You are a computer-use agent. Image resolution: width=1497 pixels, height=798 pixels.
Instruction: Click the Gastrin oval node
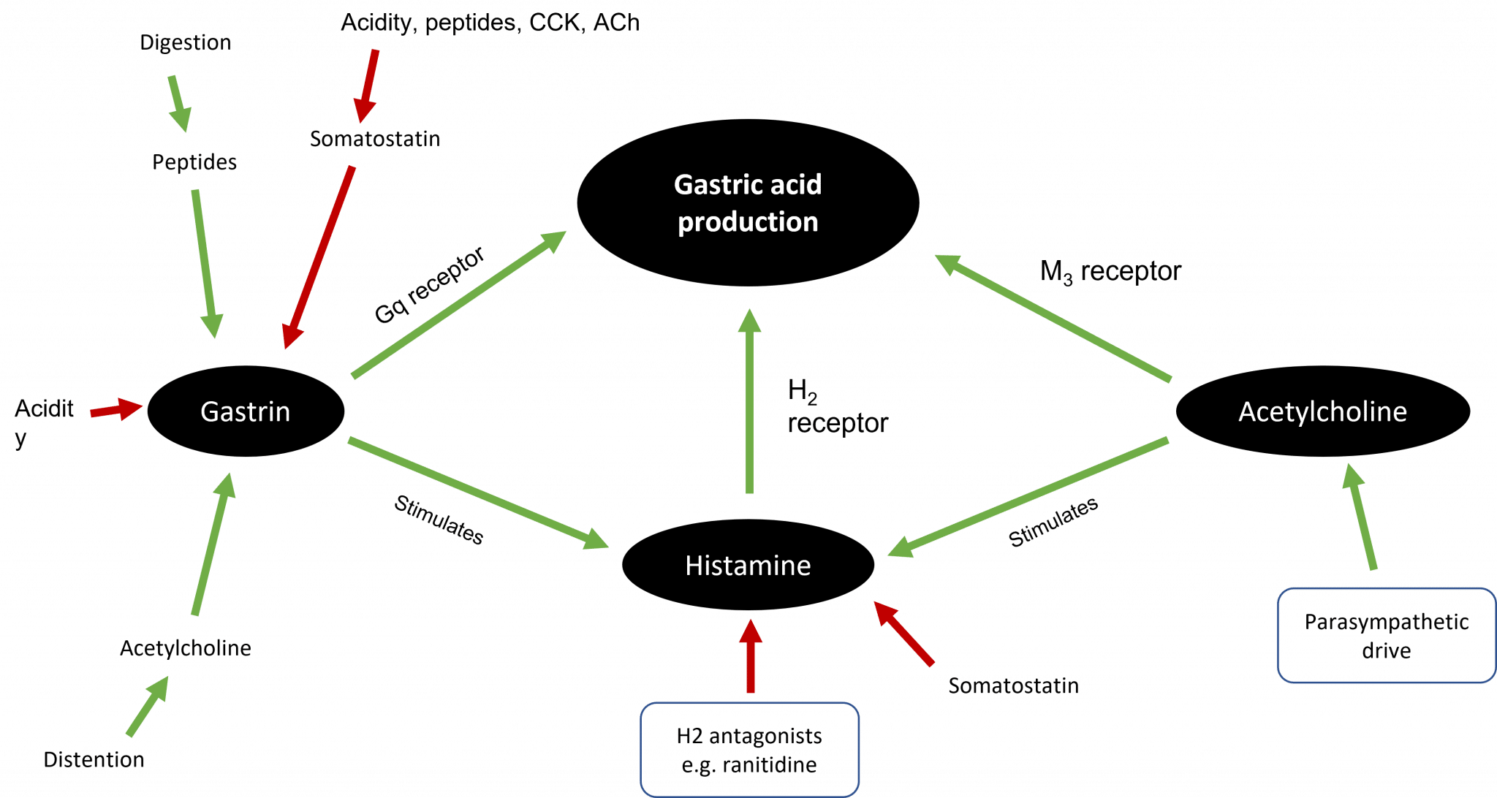point(246,411)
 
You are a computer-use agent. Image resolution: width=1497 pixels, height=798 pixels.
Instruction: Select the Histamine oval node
point(748,565)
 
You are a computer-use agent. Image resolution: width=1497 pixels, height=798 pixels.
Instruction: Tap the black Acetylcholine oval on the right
point(1322,411)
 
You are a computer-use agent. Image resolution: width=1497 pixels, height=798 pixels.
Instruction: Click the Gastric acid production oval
point(748,202)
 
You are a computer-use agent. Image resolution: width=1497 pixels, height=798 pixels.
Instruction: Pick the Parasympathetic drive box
point(1387,636)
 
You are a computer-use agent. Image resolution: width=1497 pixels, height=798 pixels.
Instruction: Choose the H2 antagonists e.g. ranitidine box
point(749,750)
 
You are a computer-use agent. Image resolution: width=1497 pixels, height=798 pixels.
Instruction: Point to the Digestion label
point(186,42)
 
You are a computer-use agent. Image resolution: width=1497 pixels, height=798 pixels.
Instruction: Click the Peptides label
point(194,162)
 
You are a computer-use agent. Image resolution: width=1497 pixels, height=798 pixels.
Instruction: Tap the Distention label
point(94,759)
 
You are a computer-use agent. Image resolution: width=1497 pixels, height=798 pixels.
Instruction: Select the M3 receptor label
point(1110,272)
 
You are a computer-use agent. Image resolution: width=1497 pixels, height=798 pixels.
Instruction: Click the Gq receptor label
point(429,286)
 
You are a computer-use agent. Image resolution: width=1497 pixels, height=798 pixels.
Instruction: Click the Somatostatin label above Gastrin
point(375,138)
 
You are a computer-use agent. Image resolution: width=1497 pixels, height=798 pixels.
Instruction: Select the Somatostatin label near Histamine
point(1013,685)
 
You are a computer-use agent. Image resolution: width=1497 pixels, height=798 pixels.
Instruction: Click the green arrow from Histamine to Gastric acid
point(748,402)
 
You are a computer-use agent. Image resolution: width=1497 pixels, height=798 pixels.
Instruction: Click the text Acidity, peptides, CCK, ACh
point(490,22)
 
